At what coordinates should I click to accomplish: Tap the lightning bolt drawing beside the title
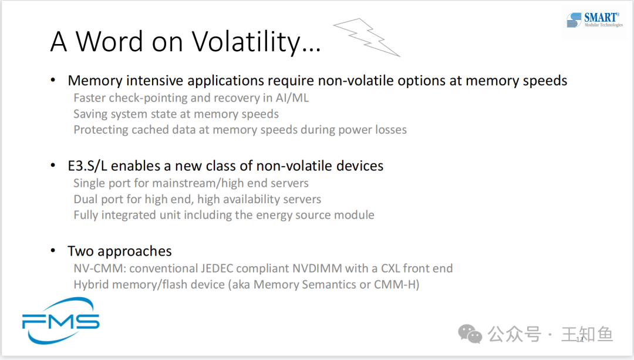367,38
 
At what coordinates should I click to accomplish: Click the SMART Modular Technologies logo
594,20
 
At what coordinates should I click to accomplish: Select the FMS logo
60,321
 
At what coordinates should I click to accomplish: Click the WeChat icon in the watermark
470,334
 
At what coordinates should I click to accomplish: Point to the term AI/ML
292,98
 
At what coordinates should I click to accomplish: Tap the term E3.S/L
87,166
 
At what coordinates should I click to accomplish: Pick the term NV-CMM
99,268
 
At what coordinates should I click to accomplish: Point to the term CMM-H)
397,284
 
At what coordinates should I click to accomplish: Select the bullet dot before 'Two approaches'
53,251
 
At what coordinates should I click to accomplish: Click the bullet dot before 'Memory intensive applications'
53,80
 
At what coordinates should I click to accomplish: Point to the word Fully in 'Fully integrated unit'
86,215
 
